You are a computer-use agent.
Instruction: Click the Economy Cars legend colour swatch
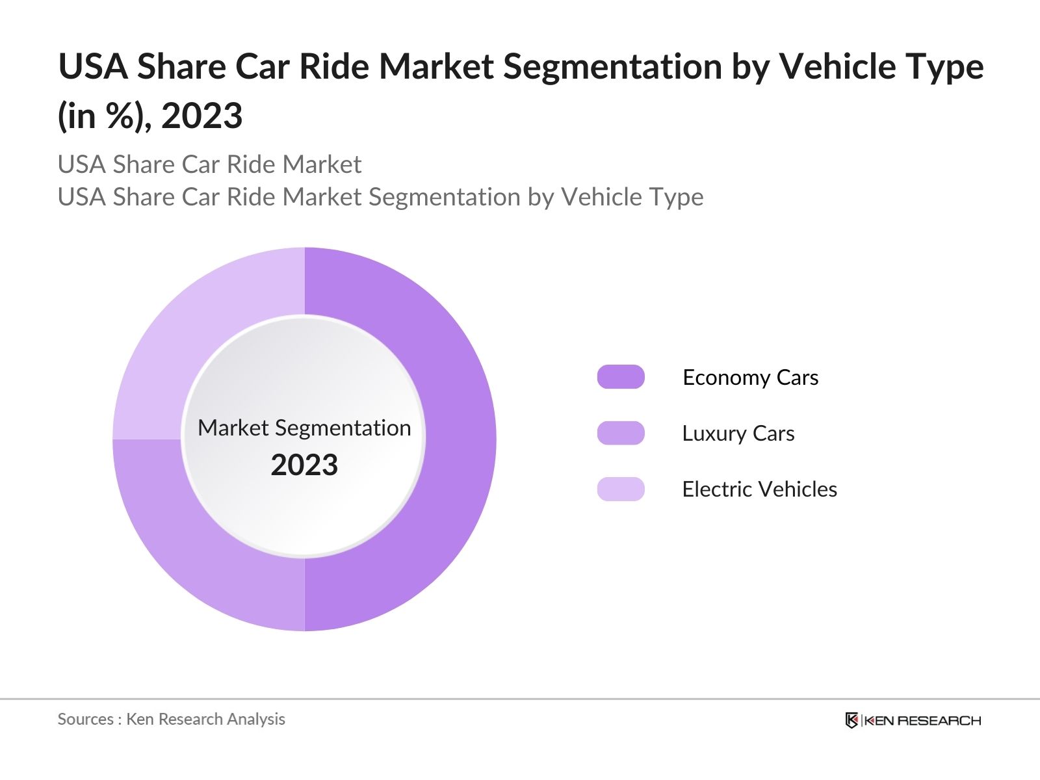pyautogui.click(x=621, y=377)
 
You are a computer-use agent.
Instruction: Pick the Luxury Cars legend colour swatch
pyautogui.click(x=621, y=433)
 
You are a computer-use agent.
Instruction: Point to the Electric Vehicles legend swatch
pyautogui.click(x=621, y=489)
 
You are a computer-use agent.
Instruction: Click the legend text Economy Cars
pyautogui.click(x=750, y=378)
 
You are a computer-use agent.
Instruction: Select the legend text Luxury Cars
pyautogui.click(x=738, y=434)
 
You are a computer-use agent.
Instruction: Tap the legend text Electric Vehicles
pyautogui.click(x=759, y=489)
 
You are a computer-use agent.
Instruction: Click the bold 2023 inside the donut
pyautogui.click(x=304, y=465)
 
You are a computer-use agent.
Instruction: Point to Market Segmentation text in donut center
pyautogui.click(x=304, y=428)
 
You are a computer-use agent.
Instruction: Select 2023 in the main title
pyautogui.click(x=201, y=116)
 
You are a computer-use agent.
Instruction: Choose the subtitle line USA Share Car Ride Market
pyautogui.click(x=209, y=164)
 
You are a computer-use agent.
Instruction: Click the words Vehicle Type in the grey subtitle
pyautogui.click(x=632, y=197)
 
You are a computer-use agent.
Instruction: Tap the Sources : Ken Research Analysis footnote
pyautogui.click(x=171, y=719)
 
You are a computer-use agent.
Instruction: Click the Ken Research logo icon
pyautogui.click(x=851, y=720)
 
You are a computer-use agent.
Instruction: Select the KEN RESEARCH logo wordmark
pyautogui.click(x=922, y=720)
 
